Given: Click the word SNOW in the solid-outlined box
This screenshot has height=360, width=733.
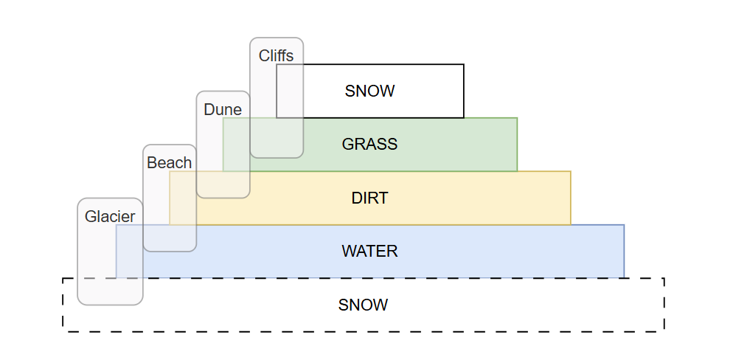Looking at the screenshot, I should pos(369,91).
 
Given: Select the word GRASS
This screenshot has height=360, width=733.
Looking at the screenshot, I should pos(369,145).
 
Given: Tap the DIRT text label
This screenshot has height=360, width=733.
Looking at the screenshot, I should pos(369,198).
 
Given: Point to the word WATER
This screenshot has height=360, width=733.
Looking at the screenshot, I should pos(369,252).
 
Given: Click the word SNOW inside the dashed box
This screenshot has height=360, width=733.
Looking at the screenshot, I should pos(363,305).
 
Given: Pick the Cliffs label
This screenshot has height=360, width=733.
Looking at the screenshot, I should pos(276,55).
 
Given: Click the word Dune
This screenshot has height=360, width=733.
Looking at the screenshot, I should pos(223,110).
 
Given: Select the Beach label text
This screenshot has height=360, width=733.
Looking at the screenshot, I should pos(169,163).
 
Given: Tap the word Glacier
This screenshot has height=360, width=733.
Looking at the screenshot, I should pos(110,217).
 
